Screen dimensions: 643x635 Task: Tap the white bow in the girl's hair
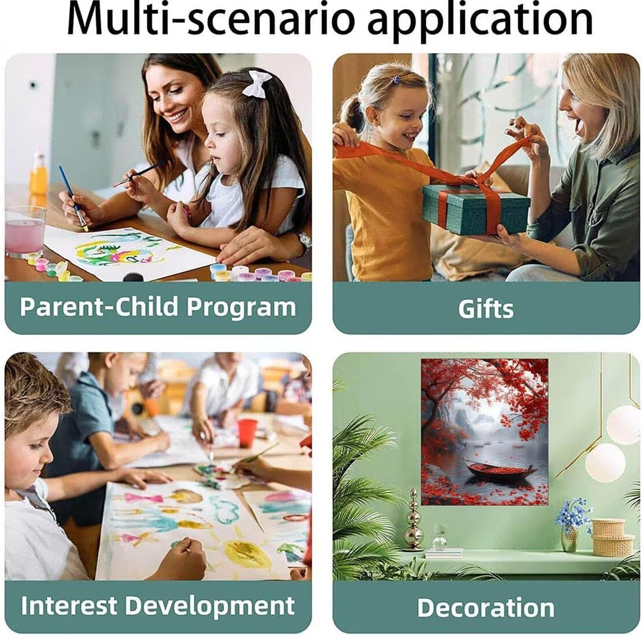click(257, 84)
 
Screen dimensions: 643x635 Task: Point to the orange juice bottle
click(38, 176)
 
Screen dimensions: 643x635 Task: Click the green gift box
click(476, 207)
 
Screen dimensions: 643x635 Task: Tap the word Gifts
click(486, 309)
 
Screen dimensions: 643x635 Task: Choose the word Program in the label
click(241, 308)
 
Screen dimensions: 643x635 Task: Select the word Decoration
click(486, 607)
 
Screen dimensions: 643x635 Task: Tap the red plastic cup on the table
click(247, 433)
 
